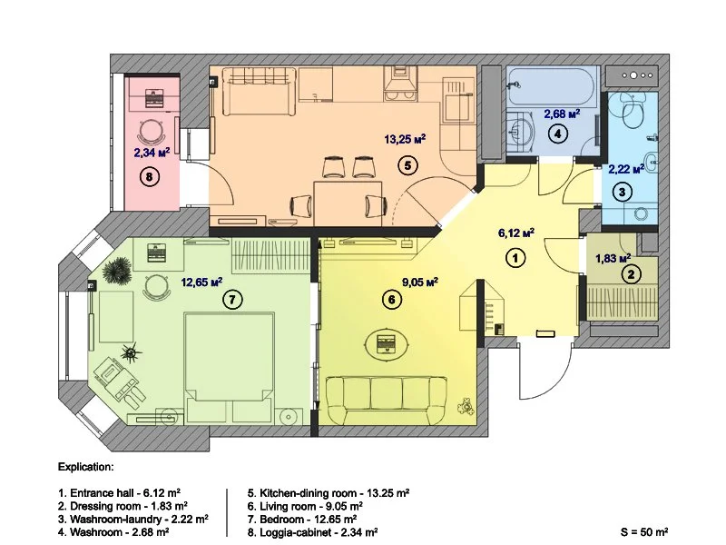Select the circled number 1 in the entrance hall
(515, 258)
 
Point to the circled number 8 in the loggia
(150, 176)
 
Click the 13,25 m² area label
(405, 139)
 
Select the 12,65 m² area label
(201, 282)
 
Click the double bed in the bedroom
(229, 367)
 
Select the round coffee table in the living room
(388, 343)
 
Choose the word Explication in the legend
(85, 470)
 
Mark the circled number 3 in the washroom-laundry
(623, 192)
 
